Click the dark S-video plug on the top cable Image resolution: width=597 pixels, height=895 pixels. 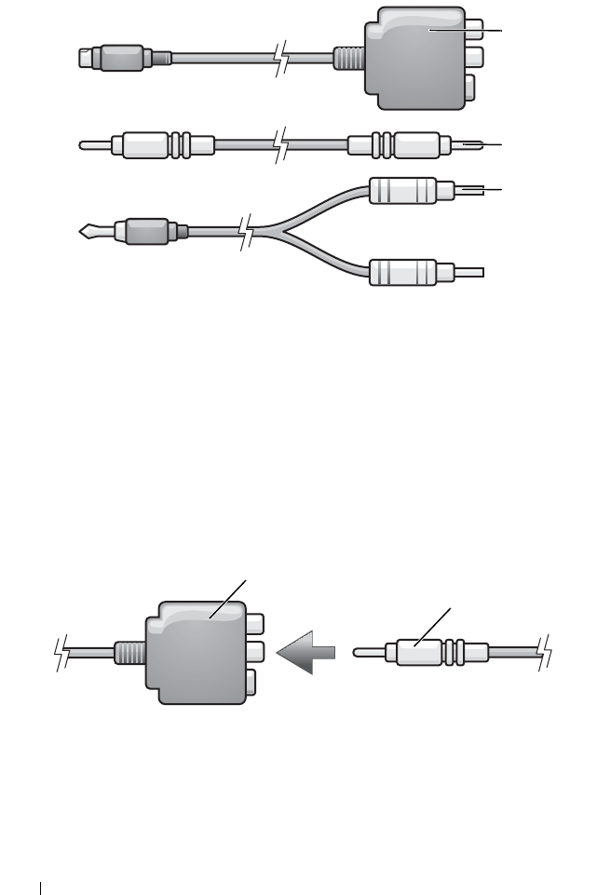click(113, 57)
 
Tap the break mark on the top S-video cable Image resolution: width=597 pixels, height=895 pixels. click(278, 58)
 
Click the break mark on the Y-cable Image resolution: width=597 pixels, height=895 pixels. click(246, 231)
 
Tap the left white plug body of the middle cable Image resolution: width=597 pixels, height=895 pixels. click(140, 146)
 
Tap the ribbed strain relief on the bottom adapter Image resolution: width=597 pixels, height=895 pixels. click(129, 651)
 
